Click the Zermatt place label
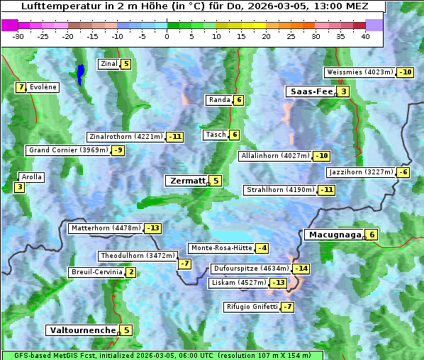pos(187,181)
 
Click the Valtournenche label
pos(82,330)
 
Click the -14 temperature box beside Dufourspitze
pos(302,269)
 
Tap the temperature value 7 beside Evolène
pos(21,87)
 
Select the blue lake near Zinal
pos(81,73)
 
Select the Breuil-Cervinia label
pos(96,272)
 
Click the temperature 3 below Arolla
pos(19,187)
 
